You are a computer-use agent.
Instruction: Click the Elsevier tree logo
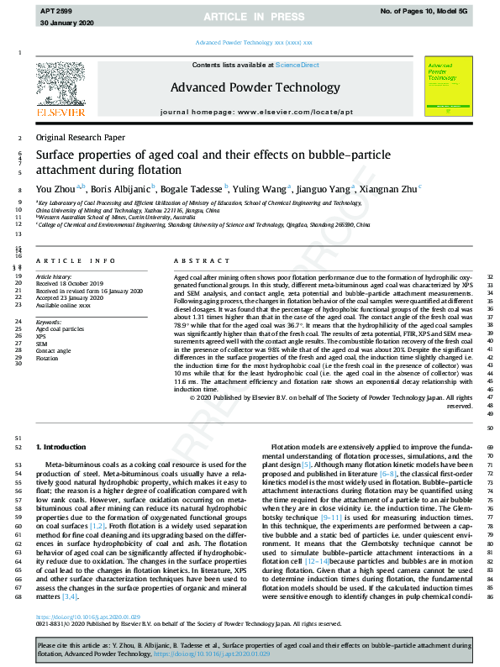61,85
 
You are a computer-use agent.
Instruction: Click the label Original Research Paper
81,137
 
